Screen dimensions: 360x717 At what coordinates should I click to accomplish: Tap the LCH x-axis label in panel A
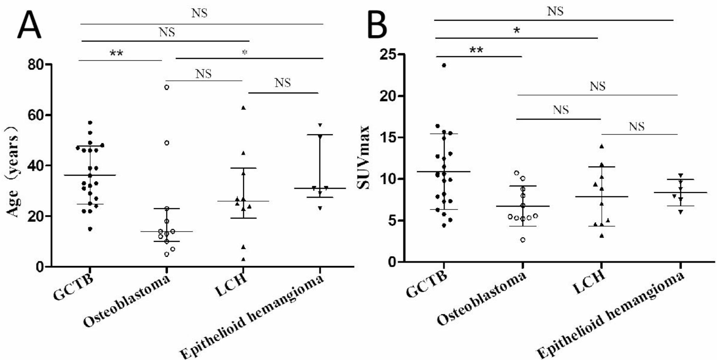231,286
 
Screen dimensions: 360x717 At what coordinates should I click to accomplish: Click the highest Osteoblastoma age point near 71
166,87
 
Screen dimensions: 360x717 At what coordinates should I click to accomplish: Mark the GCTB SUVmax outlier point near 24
444,65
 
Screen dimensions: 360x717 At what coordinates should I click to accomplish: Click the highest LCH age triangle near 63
243,107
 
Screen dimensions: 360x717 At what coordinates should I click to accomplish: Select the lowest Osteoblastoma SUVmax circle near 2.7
523,240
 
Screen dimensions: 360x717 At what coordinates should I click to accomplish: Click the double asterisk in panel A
116,54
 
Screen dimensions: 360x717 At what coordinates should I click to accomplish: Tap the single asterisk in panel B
516,31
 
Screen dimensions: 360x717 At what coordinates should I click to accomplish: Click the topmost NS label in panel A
199,13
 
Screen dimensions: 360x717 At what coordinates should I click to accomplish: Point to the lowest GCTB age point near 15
90,229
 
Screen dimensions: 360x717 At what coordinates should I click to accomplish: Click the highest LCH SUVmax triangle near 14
602,146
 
